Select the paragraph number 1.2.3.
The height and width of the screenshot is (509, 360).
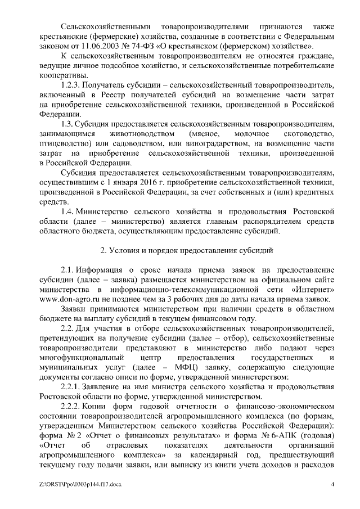coord(71,85)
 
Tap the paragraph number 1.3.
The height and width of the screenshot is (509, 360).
coord(67,124)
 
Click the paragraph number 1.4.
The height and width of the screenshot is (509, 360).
coord(67,211)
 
